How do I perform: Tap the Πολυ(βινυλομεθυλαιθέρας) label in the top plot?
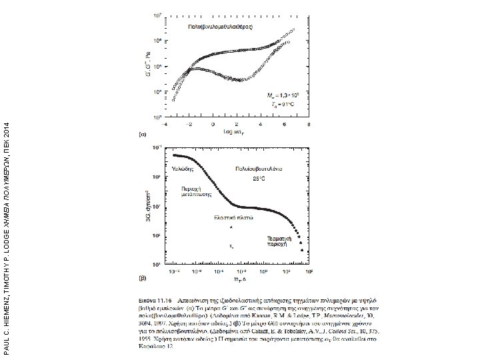click(x=217, y=26)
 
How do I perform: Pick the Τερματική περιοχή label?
click(x=279, y=239)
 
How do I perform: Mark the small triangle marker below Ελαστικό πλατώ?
click(x=231, y=228)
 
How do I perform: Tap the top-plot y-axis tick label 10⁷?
click(x=156, y=14)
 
